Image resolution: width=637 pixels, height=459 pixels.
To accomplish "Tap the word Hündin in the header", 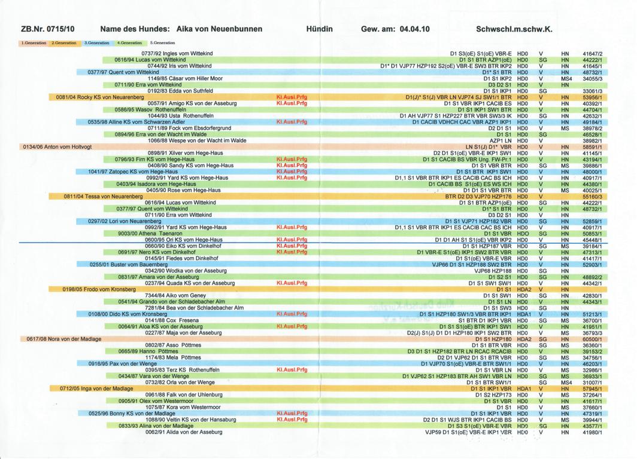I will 320,29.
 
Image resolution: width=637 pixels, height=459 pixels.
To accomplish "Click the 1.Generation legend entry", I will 34,43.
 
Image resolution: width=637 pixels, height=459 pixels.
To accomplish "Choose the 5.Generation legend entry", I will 162,43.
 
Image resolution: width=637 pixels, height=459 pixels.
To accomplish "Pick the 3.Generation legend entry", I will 97,43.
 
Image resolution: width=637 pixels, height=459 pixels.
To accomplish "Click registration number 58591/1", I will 592,146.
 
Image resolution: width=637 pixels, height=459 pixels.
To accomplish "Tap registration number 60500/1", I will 592,339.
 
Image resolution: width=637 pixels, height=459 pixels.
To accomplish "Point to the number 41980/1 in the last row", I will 592,432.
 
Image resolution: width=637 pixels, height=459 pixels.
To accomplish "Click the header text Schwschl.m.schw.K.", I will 514,29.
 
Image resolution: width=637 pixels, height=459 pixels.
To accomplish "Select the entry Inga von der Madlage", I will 96,388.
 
